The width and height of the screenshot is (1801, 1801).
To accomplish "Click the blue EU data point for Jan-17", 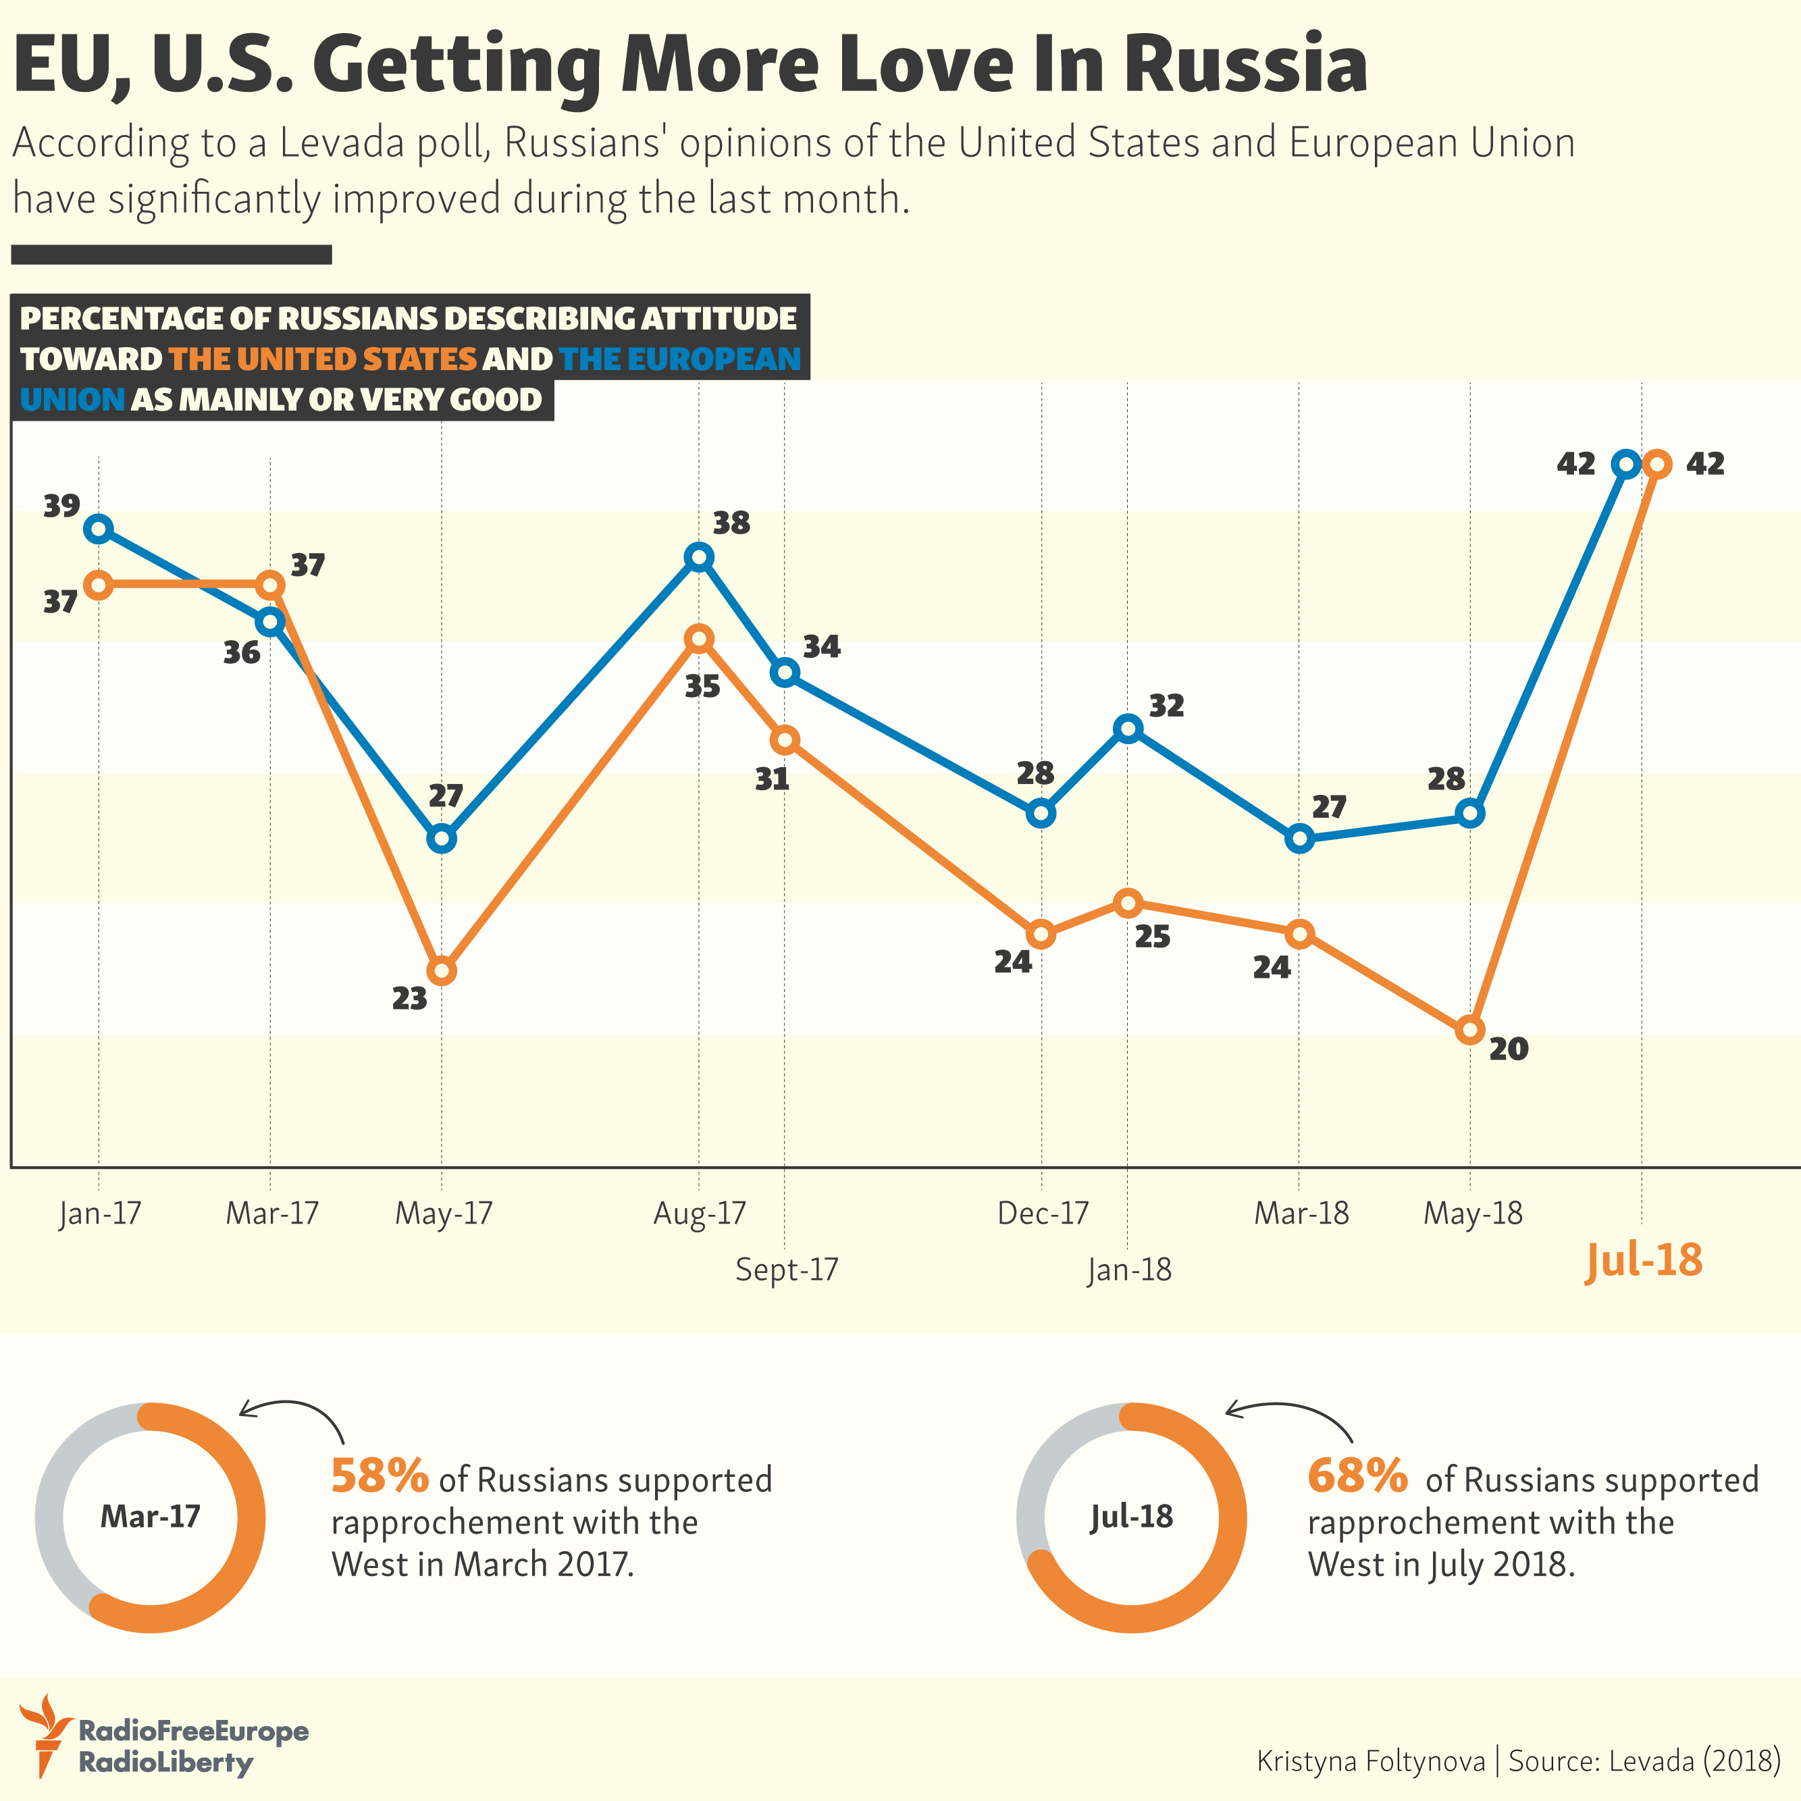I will pyautogui.click(x=98, y=529).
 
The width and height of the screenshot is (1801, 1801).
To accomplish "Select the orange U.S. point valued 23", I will pyautogui.click(x=442, y=971).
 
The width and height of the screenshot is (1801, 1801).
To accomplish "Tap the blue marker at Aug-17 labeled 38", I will pyautogui.click(x=699, y=558).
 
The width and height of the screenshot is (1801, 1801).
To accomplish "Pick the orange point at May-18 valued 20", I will pyautogui.click(x=1470, y=1030).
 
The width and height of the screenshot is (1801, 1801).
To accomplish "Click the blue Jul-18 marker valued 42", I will pyautogui.click(x=1625, y=463).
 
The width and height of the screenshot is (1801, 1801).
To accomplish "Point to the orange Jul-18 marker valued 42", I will pyautogui.click(x=1657, y=463).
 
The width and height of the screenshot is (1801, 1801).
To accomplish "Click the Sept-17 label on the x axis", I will pyautogui.click(x=787, y=1270).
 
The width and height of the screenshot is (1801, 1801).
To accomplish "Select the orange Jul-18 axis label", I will pyautogui.click(x=1644, y=1260).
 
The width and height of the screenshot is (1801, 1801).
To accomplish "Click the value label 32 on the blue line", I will pyautogui.click(x=1166, y=706).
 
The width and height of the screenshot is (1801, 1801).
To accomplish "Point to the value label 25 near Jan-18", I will pyautogui.click(x=1152, y=937).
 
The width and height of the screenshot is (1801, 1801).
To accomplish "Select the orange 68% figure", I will pyautogui.click(x=1357, y=1476).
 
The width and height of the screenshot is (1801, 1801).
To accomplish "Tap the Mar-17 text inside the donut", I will pyautogui.click(x=150, y=1517).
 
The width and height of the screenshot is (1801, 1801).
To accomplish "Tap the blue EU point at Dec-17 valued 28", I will pyautogui.click(x=1041, y=813).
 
